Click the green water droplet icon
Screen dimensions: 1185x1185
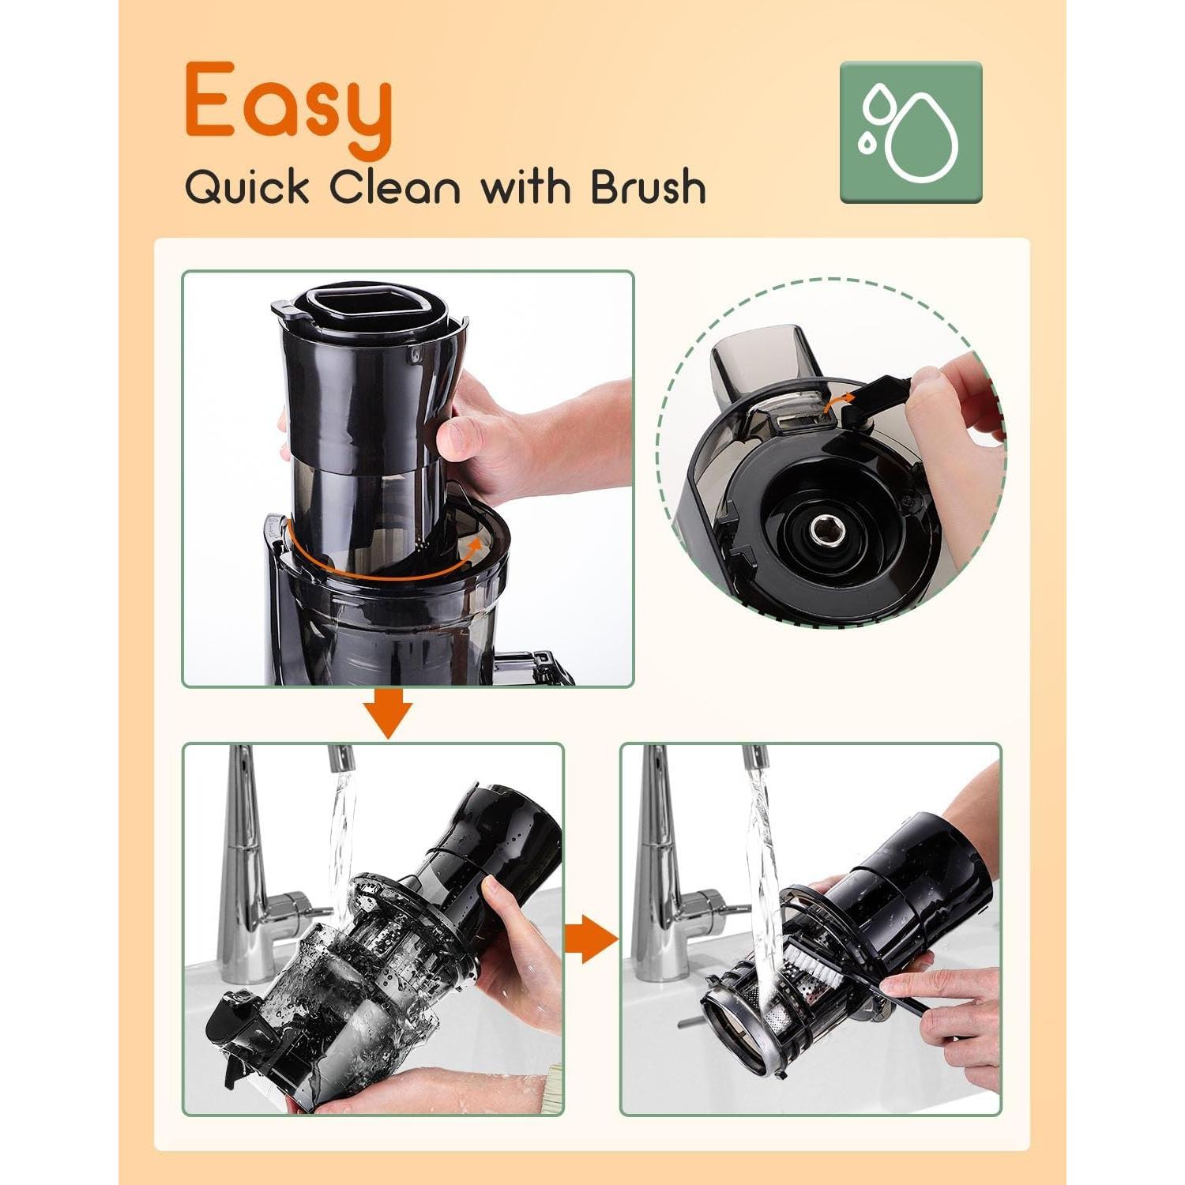910,132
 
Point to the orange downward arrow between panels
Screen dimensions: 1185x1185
386,712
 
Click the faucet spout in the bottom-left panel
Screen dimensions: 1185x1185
340,759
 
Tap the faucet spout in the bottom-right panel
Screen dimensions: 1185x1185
755,758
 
